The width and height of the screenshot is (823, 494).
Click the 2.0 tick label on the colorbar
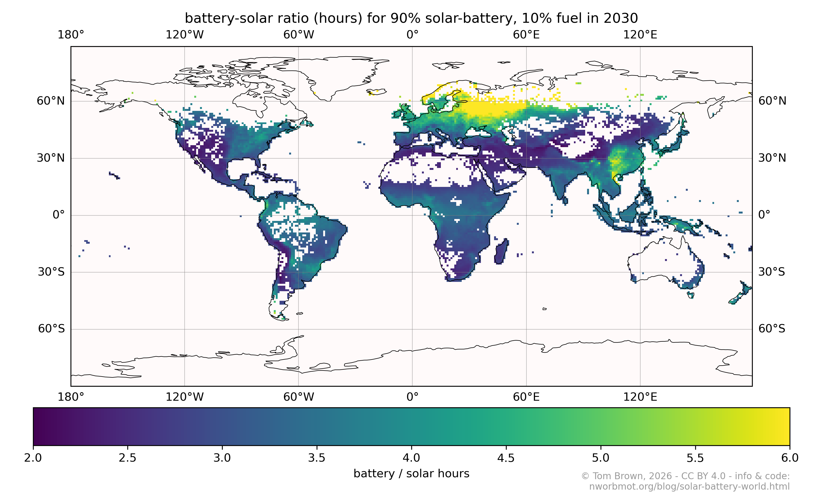[x=33, y=458]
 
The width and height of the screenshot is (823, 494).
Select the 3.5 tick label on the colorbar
[x=316, y=458]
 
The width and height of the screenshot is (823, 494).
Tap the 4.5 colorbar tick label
[x=506, y=458]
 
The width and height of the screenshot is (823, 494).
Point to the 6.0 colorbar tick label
[x=790, y=458]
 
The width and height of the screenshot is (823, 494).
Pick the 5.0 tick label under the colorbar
[x=601, y=458]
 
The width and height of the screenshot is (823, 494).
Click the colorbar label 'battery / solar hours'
[x=411, y=473]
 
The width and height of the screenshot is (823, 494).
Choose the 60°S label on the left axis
[x=51, y=329]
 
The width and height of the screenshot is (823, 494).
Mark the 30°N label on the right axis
[x=772, y=158]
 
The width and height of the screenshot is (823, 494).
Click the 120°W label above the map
[x=185, y=35]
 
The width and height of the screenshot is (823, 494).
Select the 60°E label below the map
[x=526, y=397]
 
